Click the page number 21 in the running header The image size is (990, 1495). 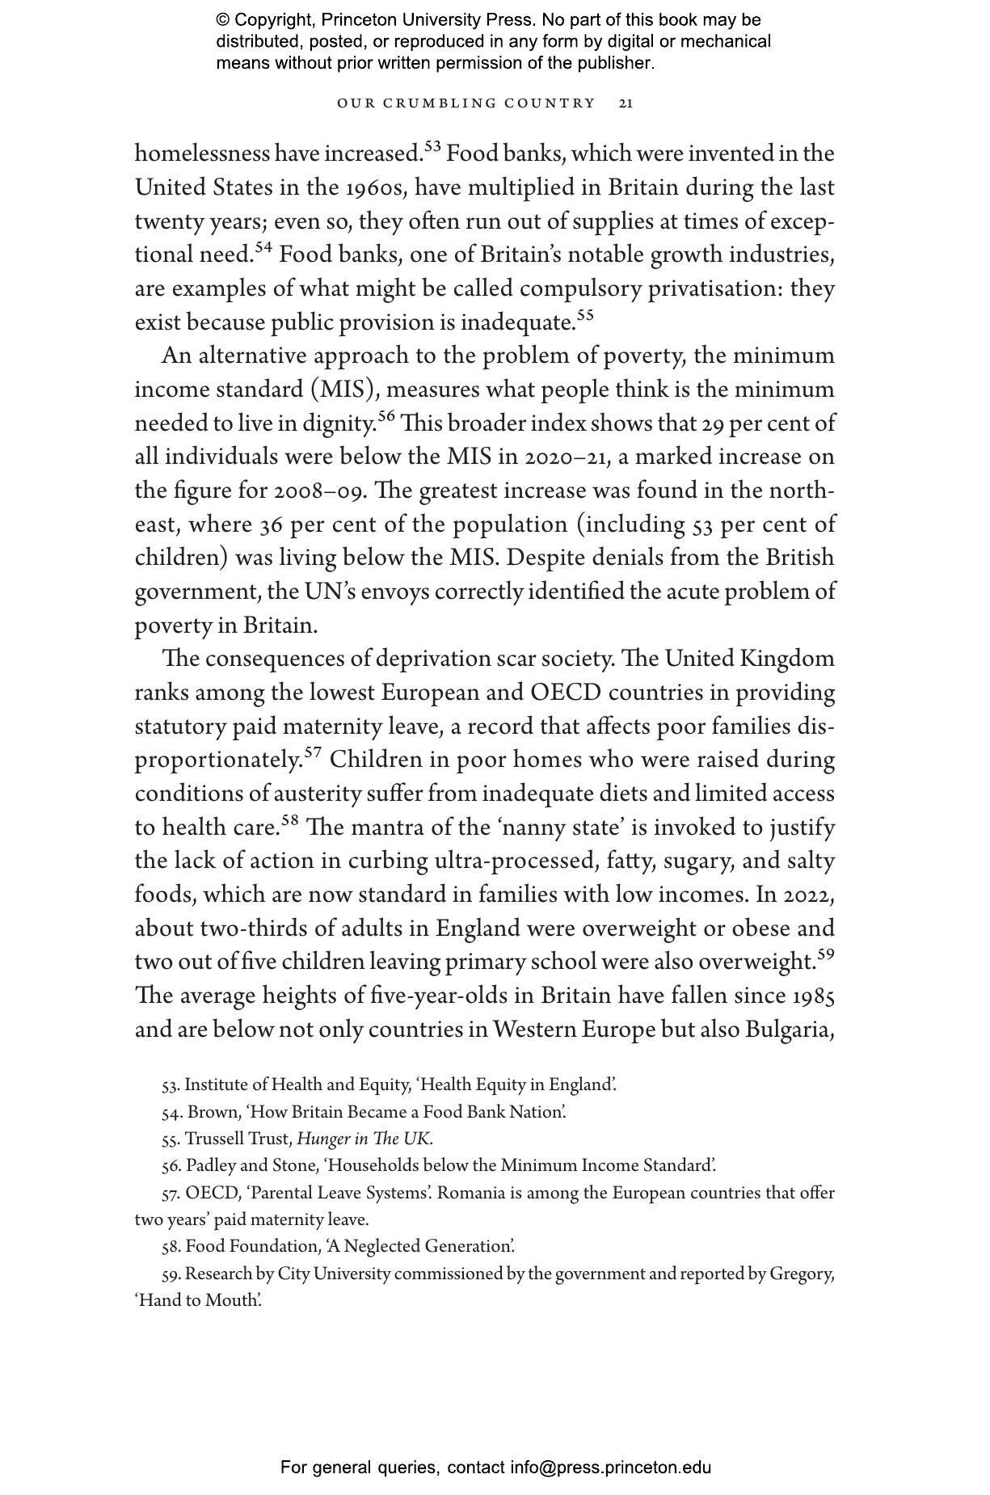(626, 103)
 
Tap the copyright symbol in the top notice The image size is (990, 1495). (223, 20)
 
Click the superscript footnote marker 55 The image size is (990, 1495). (585, 316)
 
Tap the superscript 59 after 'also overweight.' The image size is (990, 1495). (825, 955)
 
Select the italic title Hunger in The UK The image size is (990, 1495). (364, 1139)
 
